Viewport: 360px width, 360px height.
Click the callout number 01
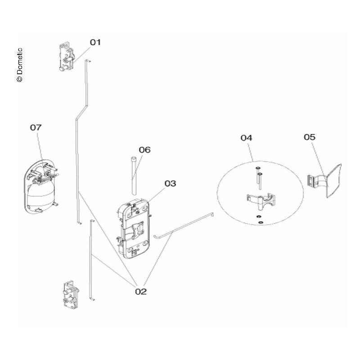coord(95,42)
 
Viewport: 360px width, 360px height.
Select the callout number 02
coord(141,291)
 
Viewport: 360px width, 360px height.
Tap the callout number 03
coord(170,184)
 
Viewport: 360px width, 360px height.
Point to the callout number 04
coord(246,138)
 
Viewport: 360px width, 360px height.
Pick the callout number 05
coord(310,137)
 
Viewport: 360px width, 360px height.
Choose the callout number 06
coord(144,150)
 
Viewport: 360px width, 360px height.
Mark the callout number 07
coord(36,127)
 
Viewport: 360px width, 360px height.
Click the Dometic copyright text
coord(19,65)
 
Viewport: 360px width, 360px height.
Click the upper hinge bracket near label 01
coord(67,56)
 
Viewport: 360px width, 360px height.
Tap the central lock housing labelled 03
coord(133,229)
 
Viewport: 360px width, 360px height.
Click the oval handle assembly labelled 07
coord(41,186)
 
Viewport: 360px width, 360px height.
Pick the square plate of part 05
coord(333,181)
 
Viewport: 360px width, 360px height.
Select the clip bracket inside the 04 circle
coord(261,201)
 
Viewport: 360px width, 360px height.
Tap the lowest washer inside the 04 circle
coord(261,222)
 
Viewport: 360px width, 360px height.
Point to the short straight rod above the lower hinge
coord(92,260)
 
